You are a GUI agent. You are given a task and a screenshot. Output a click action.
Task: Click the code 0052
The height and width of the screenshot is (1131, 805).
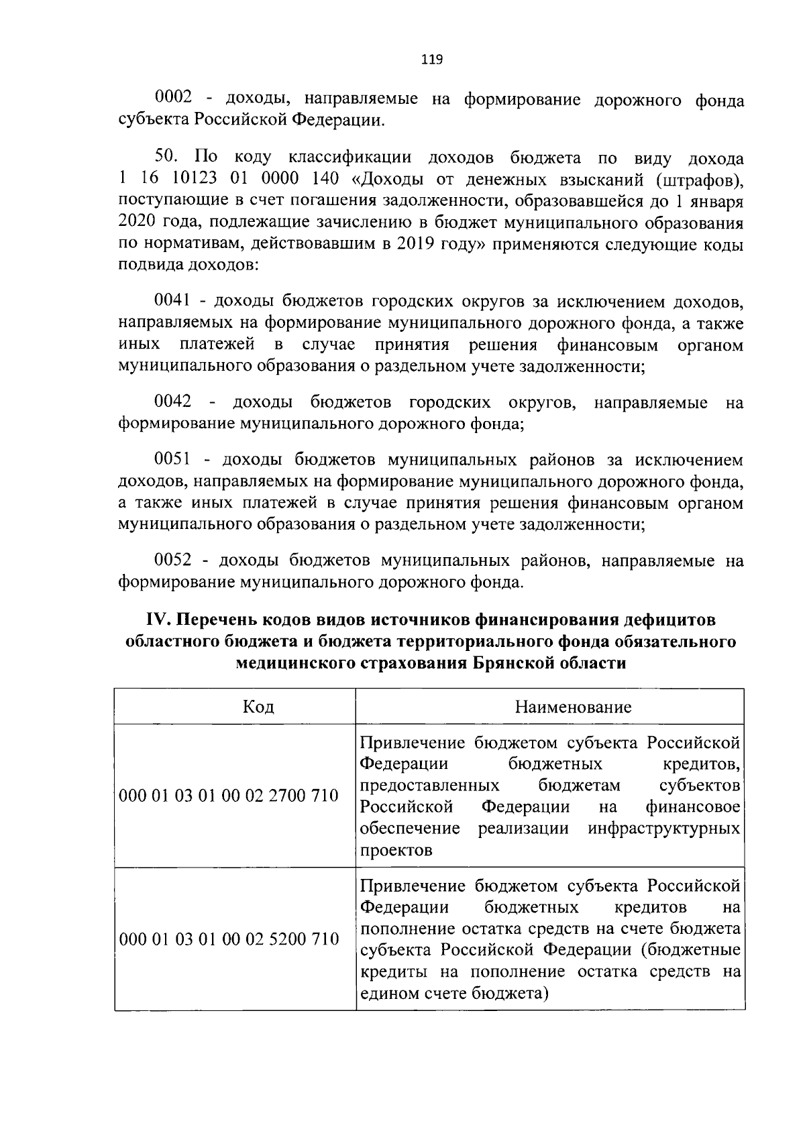(x=172, y=560)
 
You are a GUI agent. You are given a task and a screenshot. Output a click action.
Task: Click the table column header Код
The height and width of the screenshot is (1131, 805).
(x=258, y=707)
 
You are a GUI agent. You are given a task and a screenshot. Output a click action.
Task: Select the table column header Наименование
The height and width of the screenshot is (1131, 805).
(x=573, y=707)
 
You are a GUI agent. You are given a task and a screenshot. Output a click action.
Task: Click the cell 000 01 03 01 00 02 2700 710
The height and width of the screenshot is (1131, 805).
(x=229, y=796)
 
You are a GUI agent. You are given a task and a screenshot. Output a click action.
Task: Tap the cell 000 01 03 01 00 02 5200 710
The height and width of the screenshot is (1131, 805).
(x=229, y=939)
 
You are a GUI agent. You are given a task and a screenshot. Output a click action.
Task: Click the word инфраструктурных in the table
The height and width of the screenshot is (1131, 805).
(x=663, y=828)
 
